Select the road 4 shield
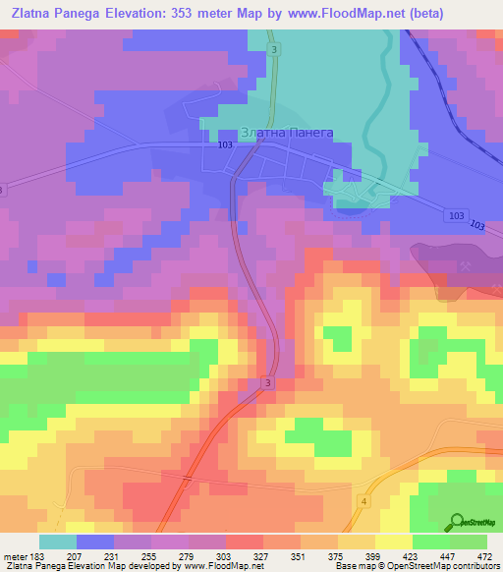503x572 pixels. [363, 501]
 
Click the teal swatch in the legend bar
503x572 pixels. [57, 542]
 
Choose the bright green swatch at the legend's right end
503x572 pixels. [469, 542]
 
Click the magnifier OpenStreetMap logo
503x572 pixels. [457, 521]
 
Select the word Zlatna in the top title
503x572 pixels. [32, 14]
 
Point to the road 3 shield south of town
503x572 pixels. [268, 382]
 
